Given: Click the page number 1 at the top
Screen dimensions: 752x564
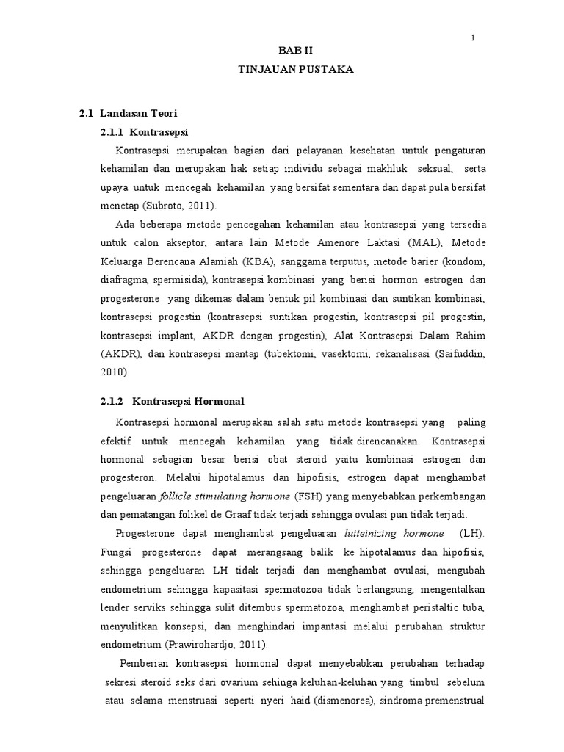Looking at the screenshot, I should tap(473, 37).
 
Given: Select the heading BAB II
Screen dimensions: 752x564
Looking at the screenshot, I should tap(295, 50).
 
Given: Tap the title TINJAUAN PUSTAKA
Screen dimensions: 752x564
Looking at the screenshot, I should tap(295, 69).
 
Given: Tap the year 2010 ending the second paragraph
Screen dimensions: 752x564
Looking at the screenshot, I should tap(114, 373).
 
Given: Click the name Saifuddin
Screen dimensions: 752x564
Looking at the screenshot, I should tap(456, 355).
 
